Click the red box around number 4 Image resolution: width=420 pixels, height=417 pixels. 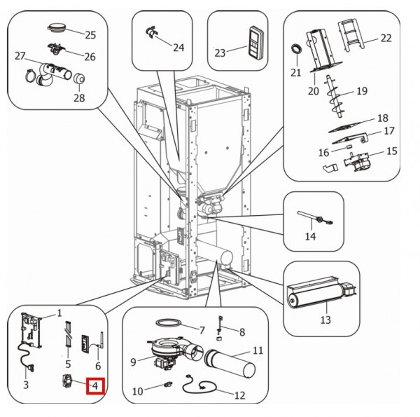pos(94,386)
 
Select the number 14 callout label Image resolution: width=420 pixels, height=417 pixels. pos(310,237)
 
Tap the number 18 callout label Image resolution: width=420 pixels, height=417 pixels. pos(382,118)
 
